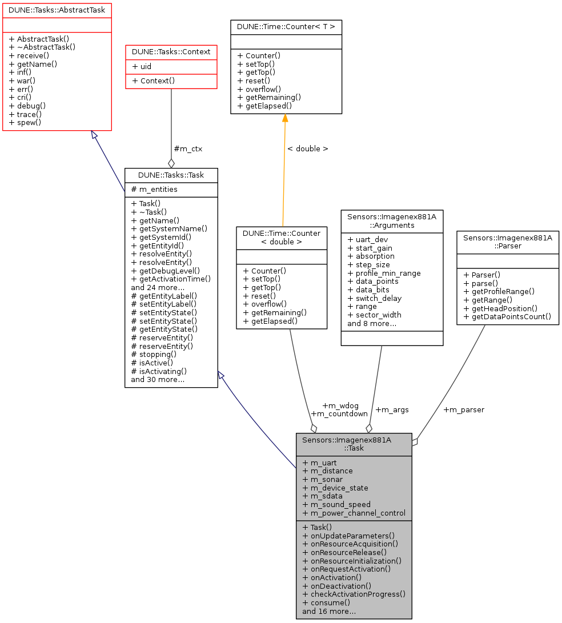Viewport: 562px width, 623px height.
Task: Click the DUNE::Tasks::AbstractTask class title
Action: click(57, 10)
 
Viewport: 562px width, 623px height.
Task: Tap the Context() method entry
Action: click(153, 81)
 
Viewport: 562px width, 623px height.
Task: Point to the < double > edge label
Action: click(307, 148)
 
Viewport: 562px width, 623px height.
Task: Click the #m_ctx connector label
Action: click(188, 148)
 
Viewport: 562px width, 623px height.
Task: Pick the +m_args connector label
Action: click(392, 409)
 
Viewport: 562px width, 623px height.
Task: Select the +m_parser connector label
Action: click(463, 409)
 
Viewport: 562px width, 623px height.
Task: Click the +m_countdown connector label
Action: click(339, 413)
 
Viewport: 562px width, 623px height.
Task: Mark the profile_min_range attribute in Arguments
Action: click(384, 273)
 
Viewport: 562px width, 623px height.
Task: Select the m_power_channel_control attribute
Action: click(354, 512)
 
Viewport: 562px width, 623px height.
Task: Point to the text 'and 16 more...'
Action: click(329, 611)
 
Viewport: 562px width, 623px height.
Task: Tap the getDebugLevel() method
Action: click(165, 270)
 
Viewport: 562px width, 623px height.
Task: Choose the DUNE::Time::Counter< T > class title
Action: click(286, 27)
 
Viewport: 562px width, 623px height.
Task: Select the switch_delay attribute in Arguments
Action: click(374, 298)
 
